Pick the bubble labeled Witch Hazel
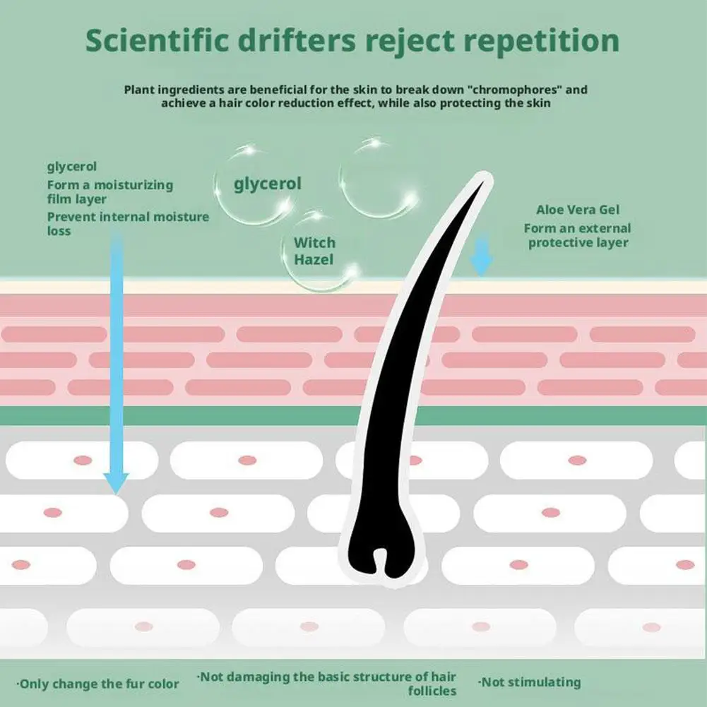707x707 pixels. pos(320,251)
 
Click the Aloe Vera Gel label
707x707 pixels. pos(578,210)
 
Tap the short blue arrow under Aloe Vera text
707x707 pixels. pos(481,254)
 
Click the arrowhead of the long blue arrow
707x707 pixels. pos(116,483)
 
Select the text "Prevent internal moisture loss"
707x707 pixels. pos(128,224)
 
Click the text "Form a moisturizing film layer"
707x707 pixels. pos(110,191)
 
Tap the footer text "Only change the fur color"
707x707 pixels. pos(98,684)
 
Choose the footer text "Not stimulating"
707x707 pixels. pos(529,682)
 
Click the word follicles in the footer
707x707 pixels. pos(432,691)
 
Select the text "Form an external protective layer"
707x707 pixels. pos(578,235)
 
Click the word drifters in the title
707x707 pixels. pos(297,40)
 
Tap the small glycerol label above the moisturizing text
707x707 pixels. pos(72,167)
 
